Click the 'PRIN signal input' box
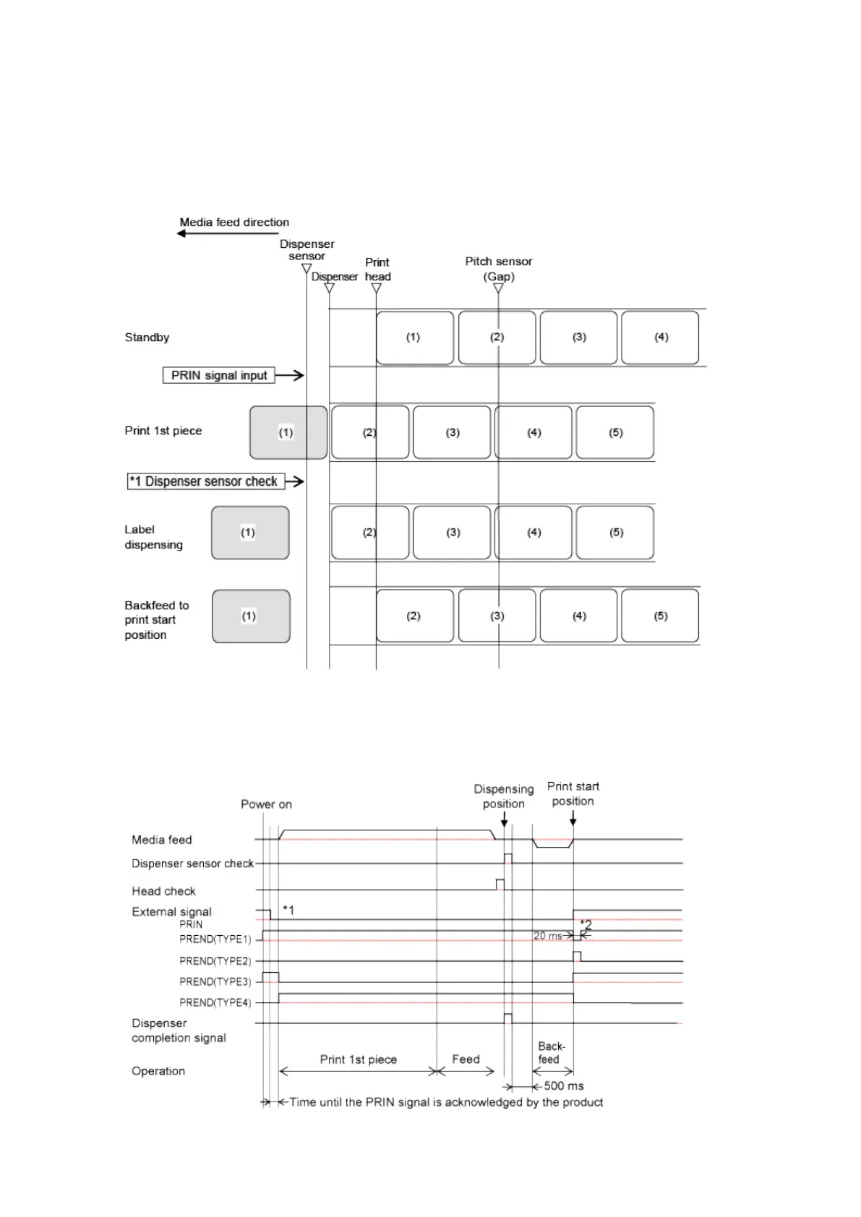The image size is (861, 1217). click(218, 375)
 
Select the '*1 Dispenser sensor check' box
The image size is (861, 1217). click(205, 481)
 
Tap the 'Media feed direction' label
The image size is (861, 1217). click(234, 223)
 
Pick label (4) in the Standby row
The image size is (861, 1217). click(660, 337)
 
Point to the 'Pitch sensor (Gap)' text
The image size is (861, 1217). click(498, 269)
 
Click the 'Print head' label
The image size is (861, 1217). click(377, 269)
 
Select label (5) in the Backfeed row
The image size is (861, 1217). click(660, 616)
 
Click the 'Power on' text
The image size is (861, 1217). click(266, 804)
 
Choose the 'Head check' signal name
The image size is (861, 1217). click(163, 891)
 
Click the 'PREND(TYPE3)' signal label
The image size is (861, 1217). click(215, 981)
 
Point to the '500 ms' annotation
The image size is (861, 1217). click(563, 1085)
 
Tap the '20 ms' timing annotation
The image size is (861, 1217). click(547, 936)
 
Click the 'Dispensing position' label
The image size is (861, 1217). click(504, 796)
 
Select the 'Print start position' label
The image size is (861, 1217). click(573, 794)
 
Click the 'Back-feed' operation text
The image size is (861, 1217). click(551, 1053)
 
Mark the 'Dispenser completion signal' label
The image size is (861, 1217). click(179, 1031)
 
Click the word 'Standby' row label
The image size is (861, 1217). click(147, 337)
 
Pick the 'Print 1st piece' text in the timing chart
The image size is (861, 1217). click(358, 1059)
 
